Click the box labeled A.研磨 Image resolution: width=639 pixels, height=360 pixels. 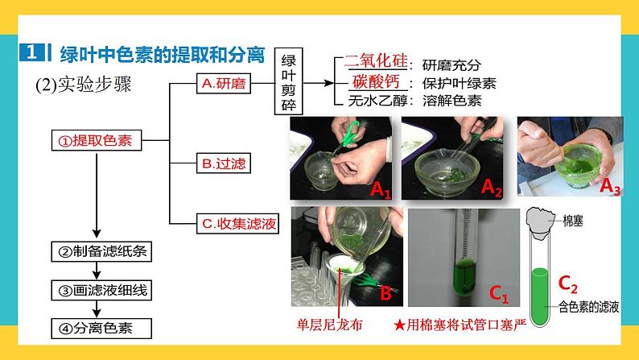(x=223, y=84)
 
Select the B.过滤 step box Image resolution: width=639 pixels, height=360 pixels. (x=223, y=163)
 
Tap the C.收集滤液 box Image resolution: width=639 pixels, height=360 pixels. (x=237, y=223)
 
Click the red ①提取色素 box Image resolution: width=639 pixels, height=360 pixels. (x=97, y=140)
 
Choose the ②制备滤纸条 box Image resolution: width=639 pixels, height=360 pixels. (x=101, y=251)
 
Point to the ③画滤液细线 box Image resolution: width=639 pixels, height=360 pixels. (x=101, y=290)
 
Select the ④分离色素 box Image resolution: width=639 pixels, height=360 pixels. (x=101, y=329)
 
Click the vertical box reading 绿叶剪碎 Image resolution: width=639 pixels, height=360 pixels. (x=289, y=81)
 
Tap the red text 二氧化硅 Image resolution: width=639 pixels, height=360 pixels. (x=376, y=60)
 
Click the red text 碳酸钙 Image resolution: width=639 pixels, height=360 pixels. (x=376, y=81)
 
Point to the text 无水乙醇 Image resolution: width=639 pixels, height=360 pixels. (x=377, y=101)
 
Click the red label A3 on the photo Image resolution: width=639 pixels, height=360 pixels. (x=610, y=186)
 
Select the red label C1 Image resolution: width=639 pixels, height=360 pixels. (x=499, y=293)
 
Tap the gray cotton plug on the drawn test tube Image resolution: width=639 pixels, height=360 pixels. (x=540, y=223)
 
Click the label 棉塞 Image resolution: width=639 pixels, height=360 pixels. (x=572, y=221)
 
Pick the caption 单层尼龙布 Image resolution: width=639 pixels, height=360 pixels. (x=329, y=325)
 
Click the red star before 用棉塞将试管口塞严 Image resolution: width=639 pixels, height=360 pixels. (x=400, y=325)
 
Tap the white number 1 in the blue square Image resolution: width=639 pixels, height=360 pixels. (x=31, y=52)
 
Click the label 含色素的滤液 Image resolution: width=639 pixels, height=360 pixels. (x=588, y=307)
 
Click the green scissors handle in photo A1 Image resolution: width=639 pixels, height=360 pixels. (x=350, y=134)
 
